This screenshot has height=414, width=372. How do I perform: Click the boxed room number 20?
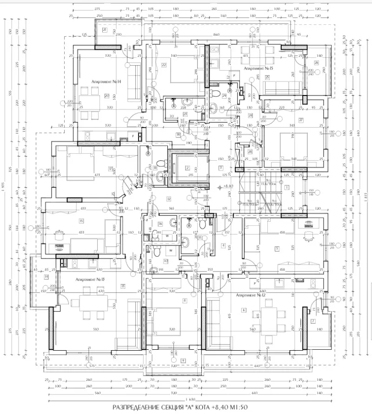(106, 96)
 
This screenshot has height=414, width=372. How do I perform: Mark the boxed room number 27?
(301, 120)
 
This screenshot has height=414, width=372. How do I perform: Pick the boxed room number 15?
(81, 221)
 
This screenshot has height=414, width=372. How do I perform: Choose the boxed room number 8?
(185, 301)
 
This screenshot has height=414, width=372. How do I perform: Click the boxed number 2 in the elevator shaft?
(187, 168)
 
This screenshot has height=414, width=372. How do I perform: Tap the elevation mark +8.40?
(228, 186)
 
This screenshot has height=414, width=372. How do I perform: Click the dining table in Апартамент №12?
(267, 324)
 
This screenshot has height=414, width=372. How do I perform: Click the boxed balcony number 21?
(105, 30)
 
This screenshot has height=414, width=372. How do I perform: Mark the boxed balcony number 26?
(316, 62)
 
